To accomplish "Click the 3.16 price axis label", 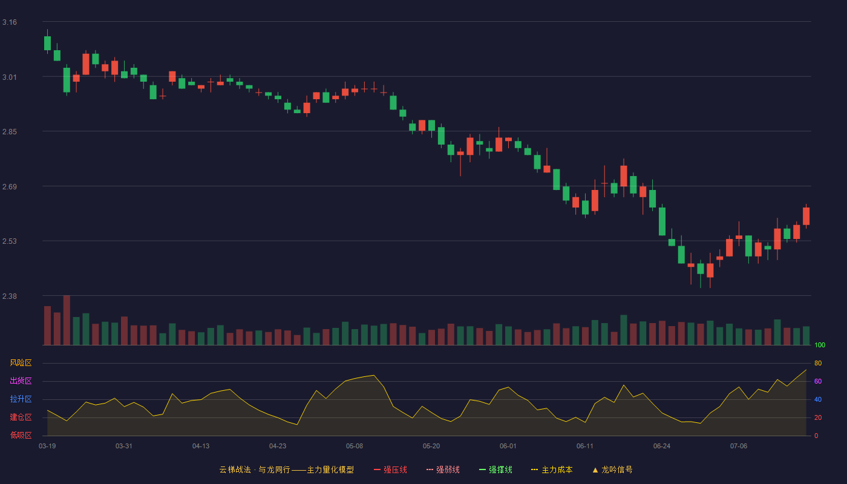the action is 10,22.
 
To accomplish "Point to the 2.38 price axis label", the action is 10,296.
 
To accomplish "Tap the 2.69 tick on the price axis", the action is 10,187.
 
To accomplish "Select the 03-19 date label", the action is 47,446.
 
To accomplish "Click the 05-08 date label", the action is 355,446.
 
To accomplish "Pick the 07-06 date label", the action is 739,446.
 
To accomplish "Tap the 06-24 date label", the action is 662,446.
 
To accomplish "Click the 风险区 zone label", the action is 21,363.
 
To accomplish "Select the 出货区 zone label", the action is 21,381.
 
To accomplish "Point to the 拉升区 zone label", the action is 21,399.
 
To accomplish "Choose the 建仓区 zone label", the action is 21,417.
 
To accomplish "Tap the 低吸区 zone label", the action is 21,435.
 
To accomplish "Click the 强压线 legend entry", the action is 390,469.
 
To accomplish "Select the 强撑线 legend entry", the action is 495,469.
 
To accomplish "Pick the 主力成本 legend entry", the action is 552,469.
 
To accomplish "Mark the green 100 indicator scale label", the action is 820,345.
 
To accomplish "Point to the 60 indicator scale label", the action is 818,381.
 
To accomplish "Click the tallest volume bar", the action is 67,320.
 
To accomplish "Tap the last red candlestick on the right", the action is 806,217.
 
